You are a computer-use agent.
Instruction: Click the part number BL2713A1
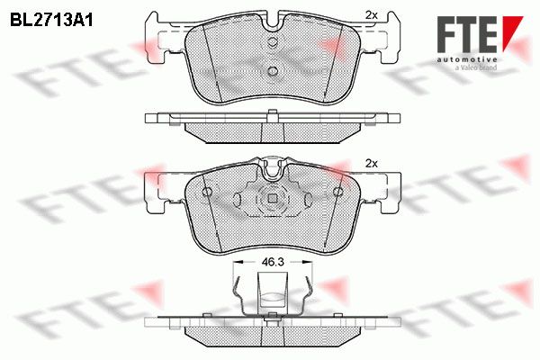click(x=51, y=20)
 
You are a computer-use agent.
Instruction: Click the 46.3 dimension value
click(x=273, y=262)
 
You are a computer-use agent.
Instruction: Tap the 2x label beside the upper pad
click(x=371, y=15)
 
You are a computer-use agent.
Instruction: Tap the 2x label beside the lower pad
click(x=371, y=164)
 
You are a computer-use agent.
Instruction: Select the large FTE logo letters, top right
click(x=466, y=34)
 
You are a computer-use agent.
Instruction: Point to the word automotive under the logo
click(x=466, y=59)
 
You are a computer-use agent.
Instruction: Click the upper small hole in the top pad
click(x=273, y=42)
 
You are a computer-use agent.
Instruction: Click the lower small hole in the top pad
click(x=273, y=71)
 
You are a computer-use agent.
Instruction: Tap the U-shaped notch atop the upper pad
click(x=273, y=22)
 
